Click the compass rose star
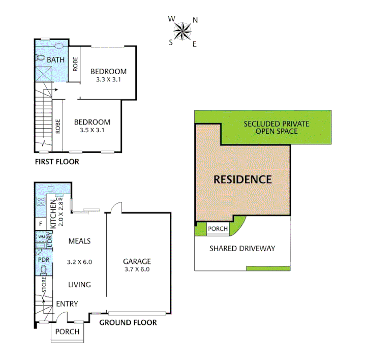click(182, 31)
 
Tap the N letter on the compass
click(195, 20)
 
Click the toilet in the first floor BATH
click(40, 57)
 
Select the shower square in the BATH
click(44, 74)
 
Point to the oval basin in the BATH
click(59, 46)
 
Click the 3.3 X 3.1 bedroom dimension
click(108, 80)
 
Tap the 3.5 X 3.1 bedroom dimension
click(92, 130)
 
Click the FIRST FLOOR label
click(57, 162)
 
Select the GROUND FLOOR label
click(128, 322)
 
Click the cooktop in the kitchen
click(41, 201)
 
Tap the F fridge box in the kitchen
click(41, 224)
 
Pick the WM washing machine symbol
click(42, 237)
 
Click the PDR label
click(44, 260)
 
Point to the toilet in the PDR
click(43, 271)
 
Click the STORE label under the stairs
click(44, 284)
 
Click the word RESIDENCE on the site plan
click(243, 179)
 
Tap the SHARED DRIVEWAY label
click(242, 249)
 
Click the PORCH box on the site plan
click(218, 229)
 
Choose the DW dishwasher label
click(59, 199)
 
